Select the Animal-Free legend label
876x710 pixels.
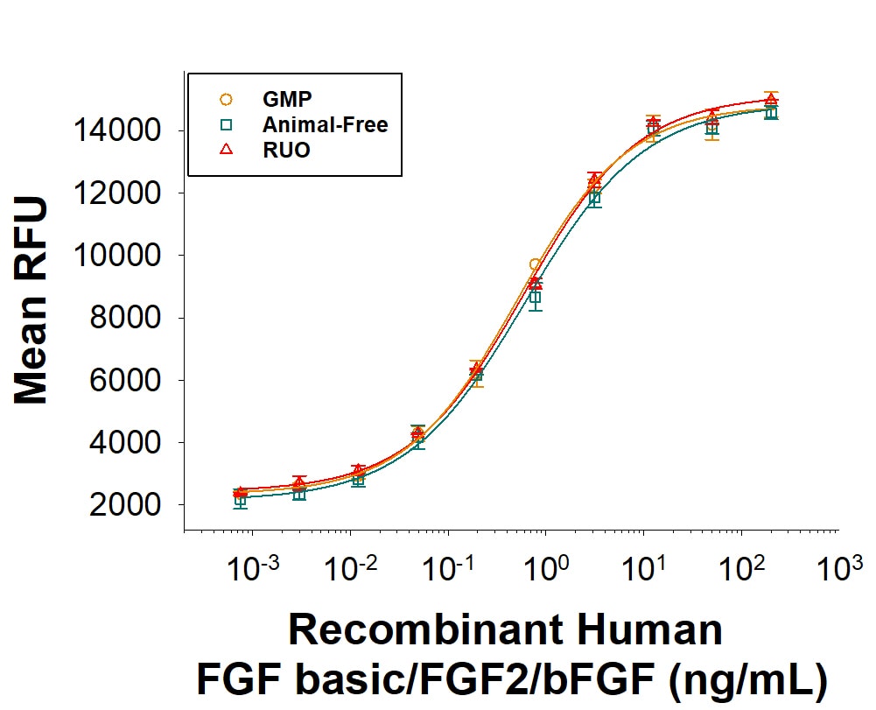(x=325, y=125)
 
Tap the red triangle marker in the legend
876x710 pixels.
(x=226, y=150)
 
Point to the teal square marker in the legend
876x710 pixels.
(x=226, y=125)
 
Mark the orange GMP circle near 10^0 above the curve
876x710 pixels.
(x=535, y=264)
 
